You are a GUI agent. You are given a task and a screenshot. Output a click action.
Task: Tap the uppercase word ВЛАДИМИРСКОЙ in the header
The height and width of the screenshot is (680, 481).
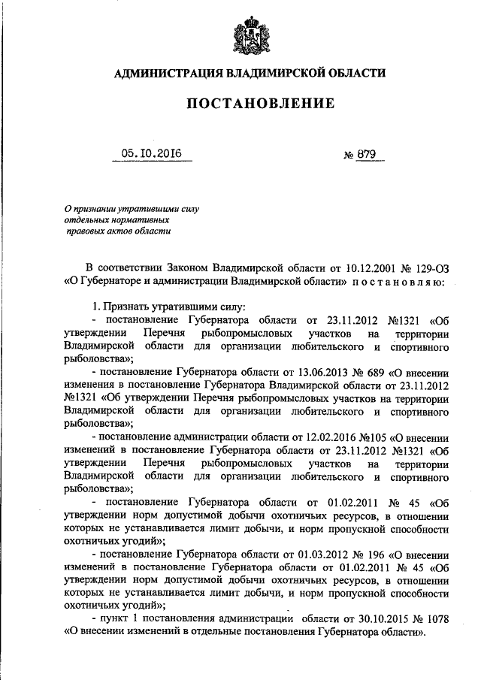[x=271, y=73]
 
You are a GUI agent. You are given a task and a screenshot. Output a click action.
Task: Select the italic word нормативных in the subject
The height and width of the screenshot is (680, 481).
[x=141, y=219]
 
